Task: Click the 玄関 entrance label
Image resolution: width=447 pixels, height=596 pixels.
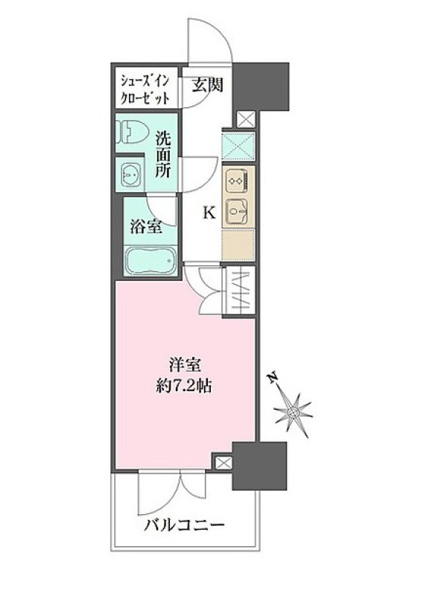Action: click(x=206, y=86)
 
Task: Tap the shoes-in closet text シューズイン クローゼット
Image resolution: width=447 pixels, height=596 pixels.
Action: click(x=145, y=90)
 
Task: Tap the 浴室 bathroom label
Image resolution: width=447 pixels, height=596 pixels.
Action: click(x=146, y=226)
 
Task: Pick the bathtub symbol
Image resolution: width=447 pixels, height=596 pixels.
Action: click(x=150, y=260)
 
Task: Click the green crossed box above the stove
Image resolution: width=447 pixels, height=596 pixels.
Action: click(x=238, y=147)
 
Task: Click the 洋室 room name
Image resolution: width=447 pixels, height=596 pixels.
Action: click(x=185, y=366)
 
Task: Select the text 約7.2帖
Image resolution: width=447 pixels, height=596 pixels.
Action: click(x=184, y=387)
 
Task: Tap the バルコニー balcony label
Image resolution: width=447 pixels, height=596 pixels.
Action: click(x=184, y=526)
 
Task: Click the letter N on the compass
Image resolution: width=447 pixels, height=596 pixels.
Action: click(x=272, y=378)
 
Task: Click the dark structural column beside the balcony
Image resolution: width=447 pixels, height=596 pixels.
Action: click(x=259, y=466)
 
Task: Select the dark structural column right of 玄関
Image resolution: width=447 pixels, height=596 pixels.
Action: click(x=261, y=86)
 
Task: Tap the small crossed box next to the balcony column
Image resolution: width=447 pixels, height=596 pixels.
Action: click(x=223, y=463)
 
